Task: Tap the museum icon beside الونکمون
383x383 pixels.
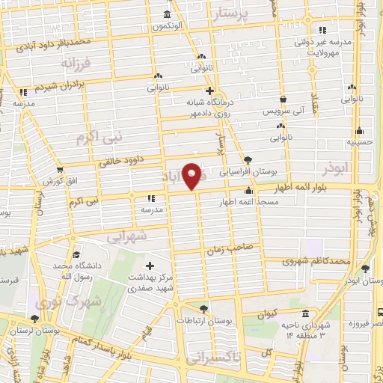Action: (x=166, y=15)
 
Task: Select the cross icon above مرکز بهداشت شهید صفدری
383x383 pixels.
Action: (x=150, y=266)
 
